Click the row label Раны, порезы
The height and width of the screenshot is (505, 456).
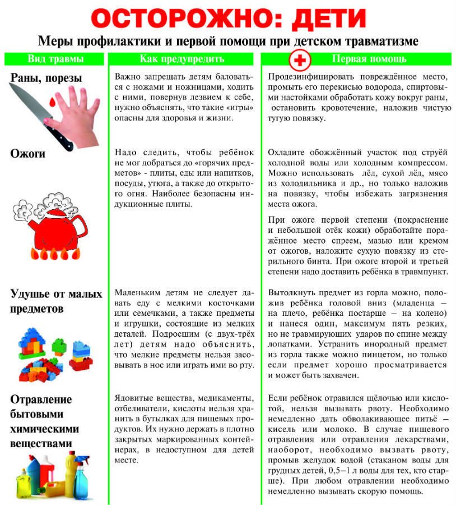tap(46, 78)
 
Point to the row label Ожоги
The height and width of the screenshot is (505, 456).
tap(28, 153)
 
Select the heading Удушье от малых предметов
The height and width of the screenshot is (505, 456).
tap(56, 301)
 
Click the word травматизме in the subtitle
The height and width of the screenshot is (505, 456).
tap(385, 42)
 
